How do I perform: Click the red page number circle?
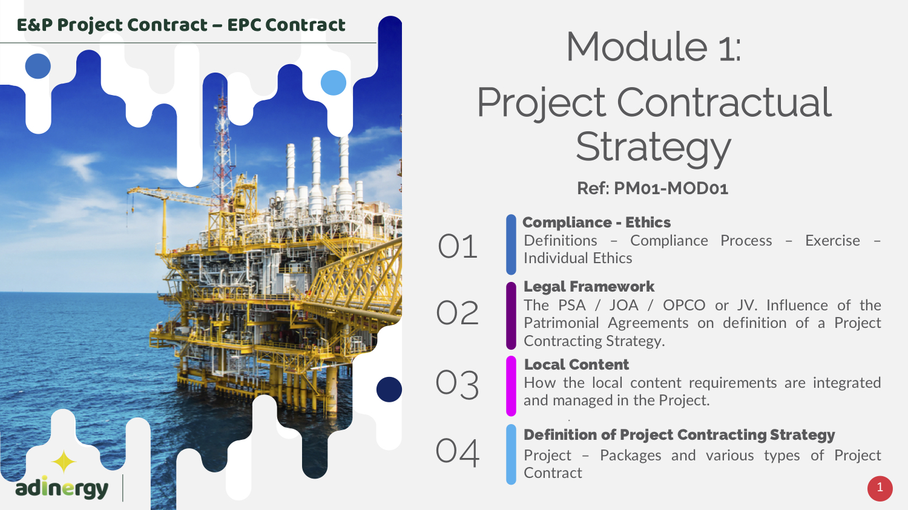tap(880, 488)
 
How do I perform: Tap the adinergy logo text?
tap(62, 489)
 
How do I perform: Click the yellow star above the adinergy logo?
tap(64, 462)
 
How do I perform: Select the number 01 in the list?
tap(457, 246)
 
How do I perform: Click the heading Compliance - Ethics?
tap(596, 223)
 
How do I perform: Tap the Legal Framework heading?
tap(588, 286)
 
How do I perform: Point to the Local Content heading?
tap(576, 364)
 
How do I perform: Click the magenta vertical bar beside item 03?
tap(511, 386)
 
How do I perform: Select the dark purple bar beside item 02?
tap(511, 316)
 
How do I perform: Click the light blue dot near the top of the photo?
tap(333, 83)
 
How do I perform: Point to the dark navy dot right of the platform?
tap(389, 389)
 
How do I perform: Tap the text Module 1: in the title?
tap(653, 47)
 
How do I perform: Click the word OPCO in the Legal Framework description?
tap(684, 305)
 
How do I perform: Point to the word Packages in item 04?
tap(630, 456)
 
